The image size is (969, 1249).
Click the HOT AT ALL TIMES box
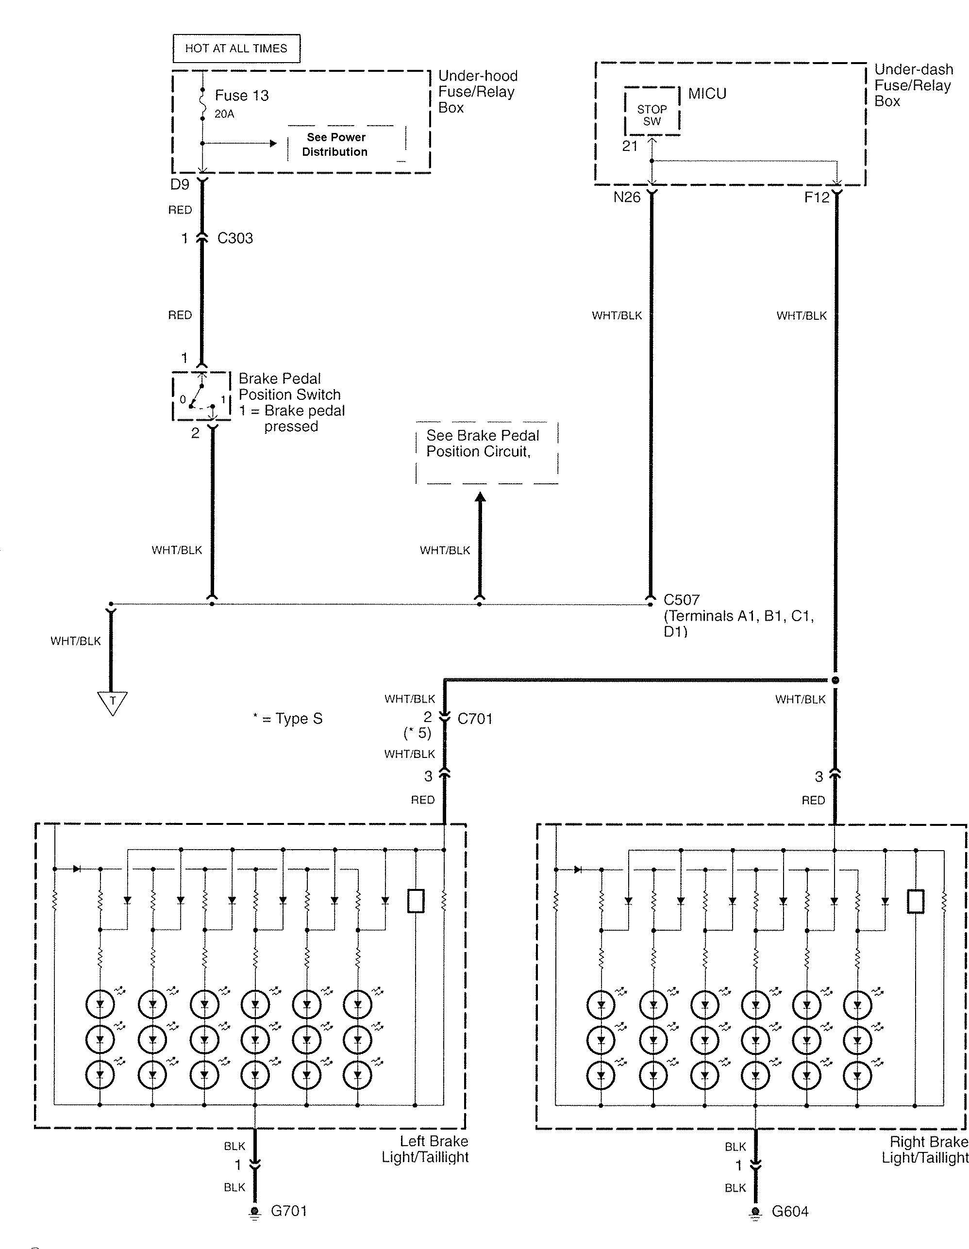tap(236, 49)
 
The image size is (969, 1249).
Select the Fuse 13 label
tap(241, 96)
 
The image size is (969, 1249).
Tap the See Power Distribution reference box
tap(347, 144)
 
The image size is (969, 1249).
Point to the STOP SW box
tap(652, 112)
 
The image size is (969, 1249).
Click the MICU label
tap(707, 93)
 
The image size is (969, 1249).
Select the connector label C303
tap(235, 238)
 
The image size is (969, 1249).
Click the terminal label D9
tap(180, 184)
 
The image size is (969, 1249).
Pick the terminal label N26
tap(627, 197)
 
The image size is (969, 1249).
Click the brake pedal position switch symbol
tap(201, 396)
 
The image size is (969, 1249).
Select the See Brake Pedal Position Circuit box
tap(487, 453)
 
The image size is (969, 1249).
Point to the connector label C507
tap(681, 600)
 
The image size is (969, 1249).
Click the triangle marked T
tap(112, 702)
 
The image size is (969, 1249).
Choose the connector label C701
tap(475, 718)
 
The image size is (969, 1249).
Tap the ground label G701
tap(289, 1211)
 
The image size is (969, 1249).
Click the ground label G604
tap(790, 1211)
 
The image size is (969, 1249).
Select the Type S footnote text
tap(288, 718)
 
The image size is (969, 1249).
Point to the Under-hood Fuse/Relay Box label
tap(478, 92)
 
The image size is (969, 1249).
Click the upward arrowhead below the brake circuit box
tap(481, 497)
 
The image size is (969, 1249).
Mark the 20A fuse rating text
tap(224, 114)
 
